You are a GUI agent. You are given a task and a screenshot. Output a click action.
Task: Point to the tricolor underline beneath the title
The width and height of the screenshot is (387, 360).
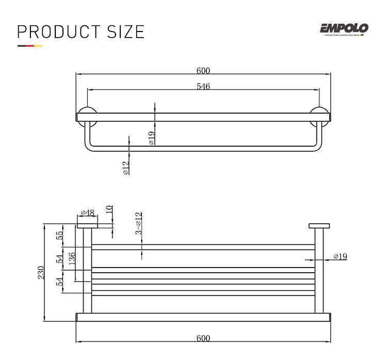pos(29,46)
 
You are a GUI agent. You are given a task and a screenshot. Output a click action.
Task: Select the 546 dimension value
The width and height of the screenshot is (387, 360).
pos(203,86)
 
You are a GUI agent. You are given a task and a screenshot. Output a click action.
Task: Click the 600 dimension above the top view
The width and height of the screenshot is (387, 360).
pos(203,71)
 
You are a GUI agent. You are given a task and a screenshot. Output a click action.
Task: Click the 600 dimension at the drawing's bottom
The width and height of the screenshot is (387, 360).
pos(203,338)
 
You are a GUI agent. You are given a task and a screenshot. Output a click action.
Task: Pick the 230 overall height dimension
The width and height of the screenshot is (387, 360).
pos(41,272)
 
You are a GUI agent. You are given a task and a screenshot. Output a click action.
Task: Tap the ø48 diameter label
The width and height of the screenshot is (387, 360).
pos(87,212)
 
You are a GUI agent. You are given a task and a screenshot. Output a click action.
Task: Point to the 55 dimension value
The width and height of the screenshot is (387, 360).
pos(60,235)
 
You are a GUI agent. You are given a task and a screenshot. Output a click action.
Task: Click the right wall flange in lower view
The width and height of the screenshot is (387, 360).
pos(319,226)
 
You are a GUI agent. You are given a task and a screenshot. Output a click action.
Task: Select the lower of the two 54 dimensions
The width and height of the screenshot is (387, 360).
pos(60,282)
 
